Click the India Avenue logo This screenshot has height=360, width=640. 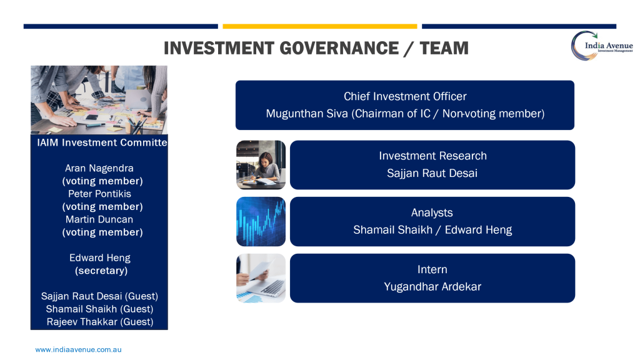click(x=602, y=46)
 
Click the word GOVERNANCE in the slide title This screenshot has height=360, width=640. click(x=339, y=48)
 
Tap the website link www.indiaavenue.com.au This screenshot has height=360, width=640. click(x=78, y=350)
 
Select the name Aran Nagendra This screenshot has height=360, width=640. click(x=99, y=168)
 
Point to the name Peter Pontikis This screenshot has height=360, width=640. click(x=99, y=194)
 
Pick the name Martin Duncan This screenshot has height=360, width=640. click(x=99, y=219)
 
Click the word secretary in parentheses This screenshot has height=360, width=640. click(x=101, y=271)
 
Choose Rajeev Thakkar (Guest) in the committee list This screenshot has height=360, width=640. click(x=100, y=322)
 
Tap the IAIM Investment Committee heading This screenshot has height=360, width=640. click(x=102, y=142)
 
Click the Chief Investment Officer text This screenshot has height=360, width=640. click(x=405, y=96)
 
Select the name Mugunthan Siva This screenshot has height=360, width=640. click(x=307, y=114)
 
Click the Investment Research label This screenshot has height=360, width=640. click(x=432, y=156)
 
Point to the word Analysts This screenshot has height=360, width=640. click(x=432, y=212)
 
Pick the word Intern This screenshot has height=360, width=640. click(x=432, y=269)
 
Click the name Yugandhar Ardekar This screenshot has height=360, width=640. click(x=432, y=286)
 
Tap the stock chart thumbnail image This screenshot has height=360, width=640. click(x=261, y=222)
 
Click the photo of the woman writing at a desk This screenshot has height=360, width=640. click(x=261, y=165)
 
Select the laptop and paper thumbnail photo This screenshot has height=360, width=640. click(x=261, y=278)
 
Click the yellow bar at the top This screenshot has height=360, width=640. click(x=320, y=26)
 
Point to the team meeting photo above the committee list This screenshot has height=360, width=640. click(x=99, y=100)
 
